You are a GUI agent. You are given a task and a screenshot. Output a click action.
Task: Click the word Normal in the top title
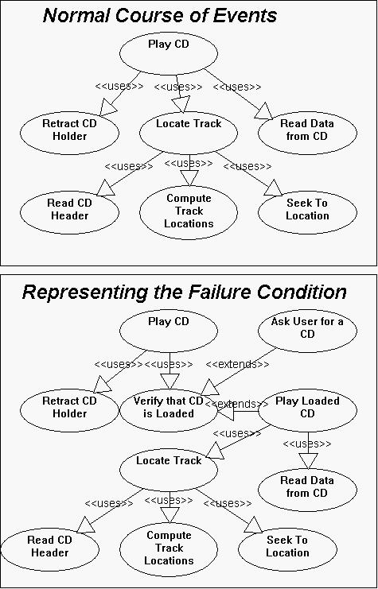coord(76,16)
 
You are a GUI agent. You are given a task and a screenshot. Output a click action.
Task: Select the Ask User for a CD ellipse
coord(307,331)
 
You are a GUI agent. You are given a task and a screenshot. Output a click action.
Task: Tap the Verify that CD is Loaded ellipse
coord(169,410)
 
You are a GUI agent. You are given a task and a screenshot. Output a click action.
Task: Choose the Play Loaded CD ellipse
coord(307,410)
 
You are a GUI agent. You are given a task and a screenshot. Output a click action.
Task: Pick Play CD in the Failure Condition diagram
coord(169,331)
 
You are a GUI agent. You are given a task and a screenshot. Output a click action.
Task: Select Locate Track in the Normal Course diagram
coord(189,133)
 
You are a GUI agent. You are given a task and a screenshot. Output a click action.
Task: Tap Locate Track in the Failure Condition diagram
coord(169,470)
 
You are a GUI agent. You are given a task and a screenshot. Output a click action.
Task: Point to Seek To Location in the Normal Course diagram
coord(307,212)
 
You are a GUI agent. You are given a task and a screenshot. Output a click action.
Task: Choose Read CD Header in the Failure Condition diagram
coord(49,549)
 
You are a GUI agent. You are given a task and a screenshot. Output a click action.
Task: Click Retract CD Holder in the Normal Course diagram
coord(69,133)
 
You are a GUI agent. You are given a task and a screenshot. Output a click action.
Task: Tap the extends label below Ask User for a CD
coord(237,364)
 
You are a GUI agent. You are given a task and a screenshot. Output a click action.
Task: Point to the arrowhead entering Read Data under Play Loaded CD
coord(308,461)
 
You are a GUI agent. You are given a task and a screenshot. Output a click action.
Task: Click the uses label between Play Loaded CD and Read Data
coord(307,444)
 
